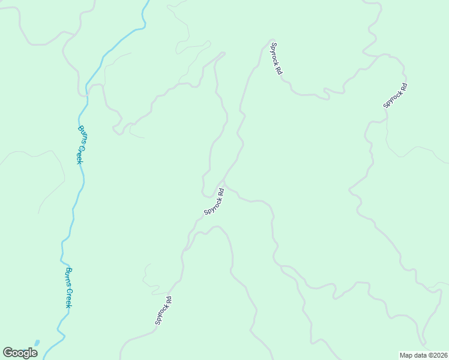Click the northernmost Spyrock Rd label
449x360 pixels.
point(276,58)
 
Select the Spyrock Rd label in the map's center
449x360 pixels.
point(214,202)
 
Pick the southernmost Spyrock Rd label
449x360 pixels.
point(164,311)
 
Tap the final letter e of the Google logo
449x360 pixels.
point(34,353)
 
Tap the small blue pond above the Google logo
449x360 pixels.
point(37,343)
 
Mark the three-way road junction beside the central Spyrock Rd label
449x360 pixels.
point(224,180)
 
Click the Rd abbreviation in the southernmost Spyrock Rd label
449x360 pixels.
point(169,300)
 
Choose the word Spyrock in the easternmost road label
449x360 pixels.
point(393,100)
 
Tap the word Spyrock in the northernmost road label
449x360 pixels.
point(275,52)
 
